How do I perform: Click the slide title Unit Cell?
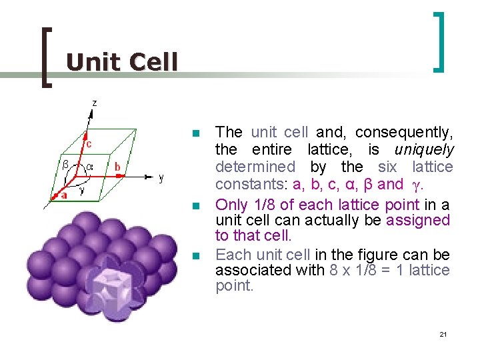pos(122,62)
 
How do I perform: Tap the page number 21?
pos(443,333)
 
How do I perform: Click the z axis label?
pos(94,103)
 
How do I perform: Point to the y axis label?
pos(161,178)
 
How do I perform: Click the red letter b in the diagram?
pos(117,166)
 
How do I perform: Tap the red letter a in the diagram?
pos(64,196)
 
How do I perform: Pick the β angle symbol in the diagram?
pos(65,163)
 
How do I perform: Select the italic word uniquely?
pos(424,150)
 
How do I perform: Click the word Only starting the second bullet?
pos(230,205)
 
